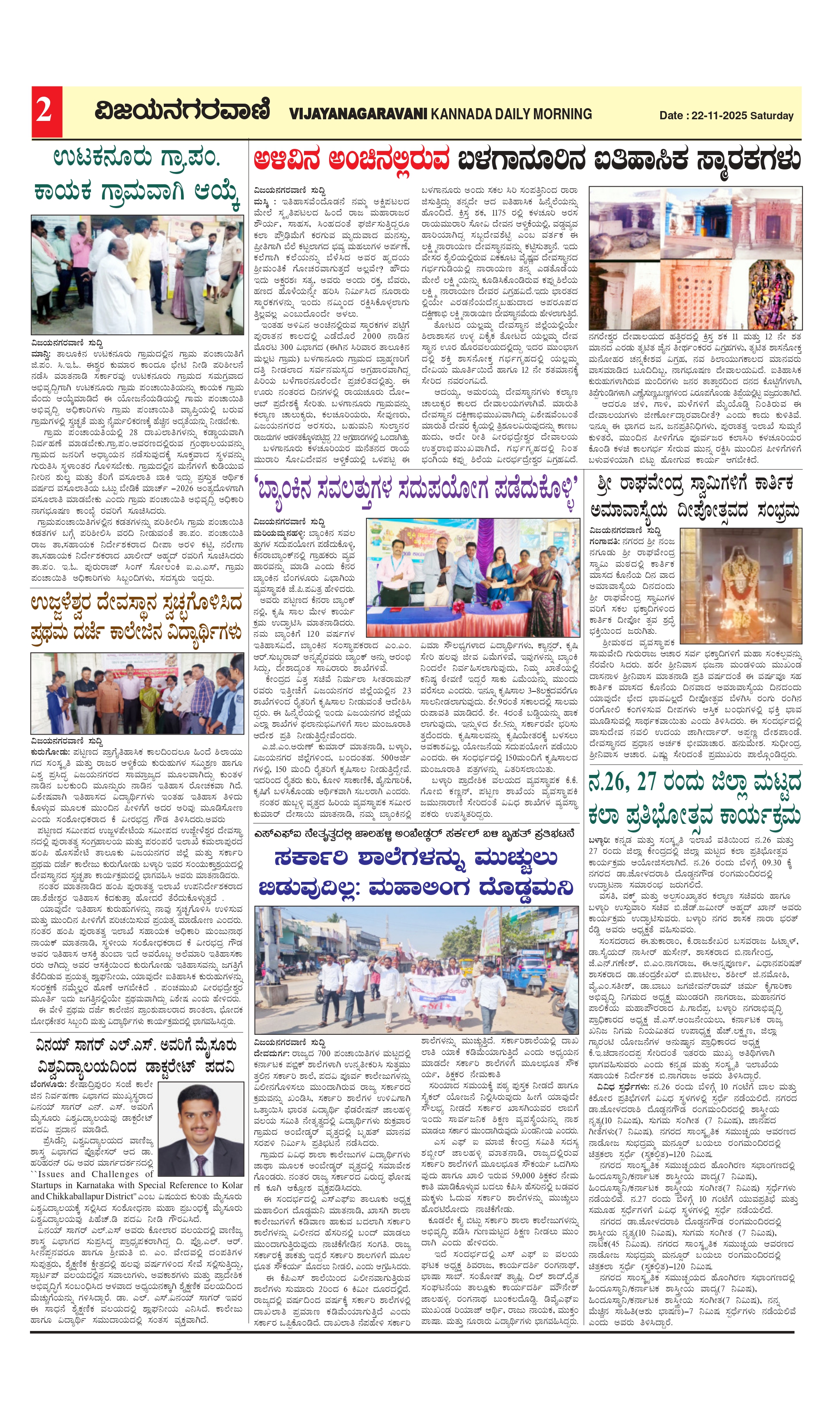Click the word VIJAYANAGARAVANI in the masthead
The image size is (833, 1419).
(358, 114)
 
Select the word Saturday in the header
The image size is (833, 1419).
(772, 116)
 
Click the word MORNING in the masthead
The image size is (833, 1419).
(563, 114)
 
